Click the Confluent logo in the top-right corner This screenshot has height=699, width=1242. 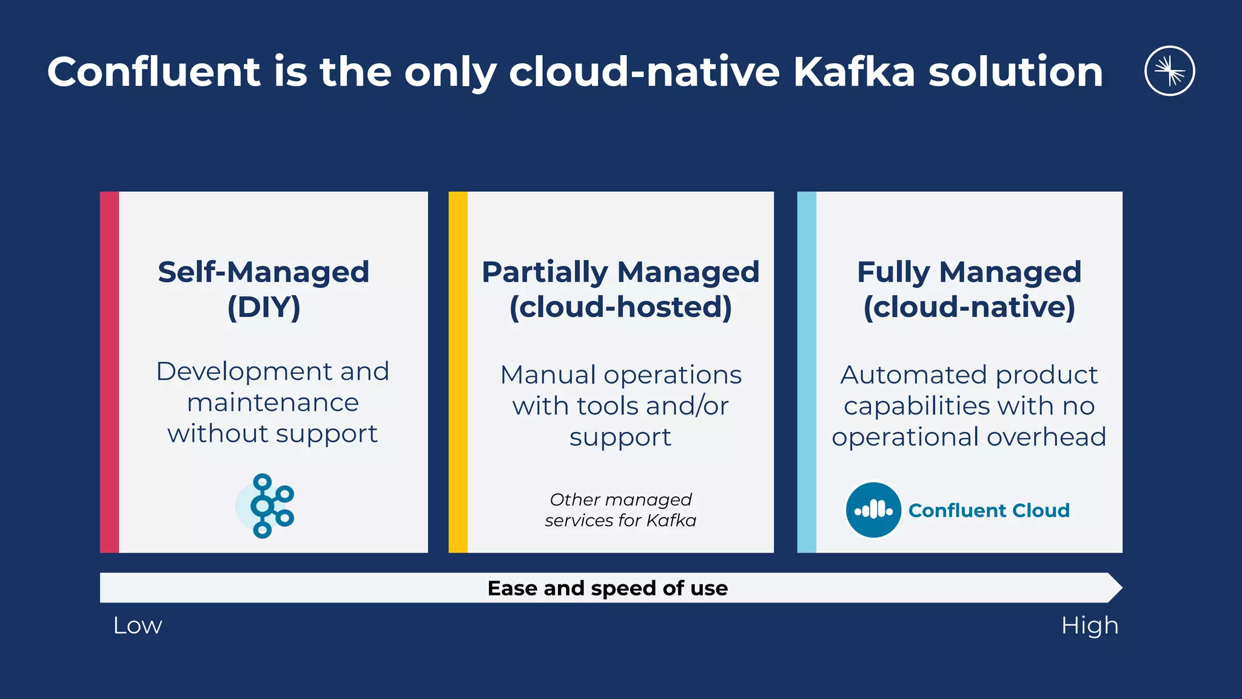click(1169, 71)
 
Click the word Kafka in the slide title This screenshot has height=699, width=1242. click(854, 72)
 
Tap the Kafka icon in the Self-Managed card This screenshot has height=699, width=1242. click(265, 505)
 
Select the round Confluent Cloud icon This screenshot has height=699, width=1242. click(873, 510)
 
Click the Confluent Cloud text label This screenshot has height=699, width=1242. click(989, 510)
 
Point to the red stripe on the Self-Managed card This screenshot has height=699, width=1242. click(109, 372)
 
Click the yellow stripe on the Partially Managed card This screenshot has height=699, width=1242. click(458, 372)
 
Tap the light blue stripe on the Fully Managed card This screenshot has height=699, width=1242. click(807, 372)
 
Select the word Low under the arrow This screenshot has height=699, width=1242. click(138, 626)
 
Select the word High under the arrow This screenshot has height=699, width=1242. click(1089, 626)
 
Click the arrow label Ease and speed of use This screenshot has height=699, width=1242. click(608, 588)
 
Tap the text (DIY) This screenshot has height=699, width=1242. click(264, 307)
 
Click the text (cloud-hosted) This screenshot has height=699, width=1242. click(620, 307)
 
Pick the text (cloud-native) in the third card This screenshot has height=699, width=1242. click(969, 307)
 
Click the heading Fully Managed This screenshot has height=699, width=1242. click(969, 272)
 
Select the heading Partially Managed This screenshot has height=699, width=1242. click(620, 272)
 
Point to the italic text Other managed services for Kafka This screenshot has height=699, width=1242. click(620, 510)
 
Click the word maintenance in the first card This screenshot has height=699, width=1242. click(273, 403)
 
